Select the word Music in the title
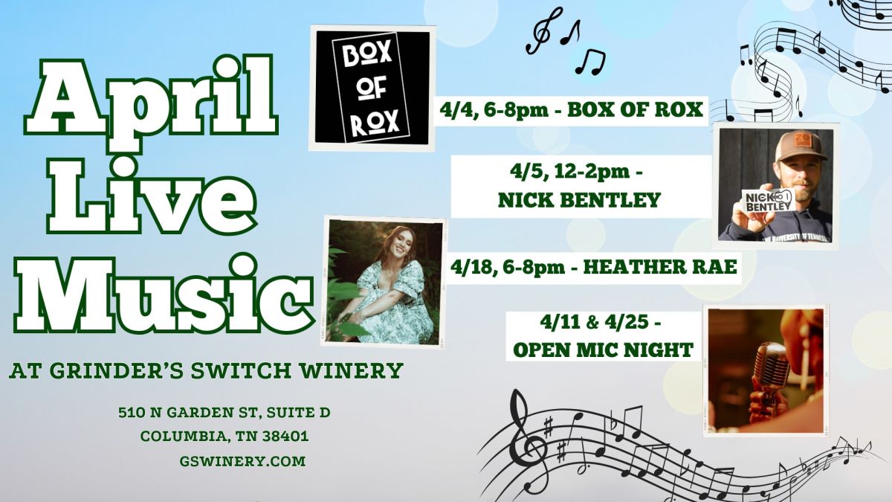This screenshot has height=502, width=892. [x=164, y=294]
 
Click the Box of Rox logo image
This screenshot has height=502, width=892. [x=372, y=88]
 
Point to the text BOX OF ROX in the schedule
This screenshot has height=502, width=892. [x=635, y=109]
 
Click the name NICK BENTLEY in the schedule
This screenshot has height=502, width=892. [x=579, y=200]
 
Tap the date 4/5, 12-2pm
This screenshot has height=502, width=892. [x=576, y=173]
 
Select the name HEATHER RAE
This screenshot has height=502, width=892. [x=660, y=267]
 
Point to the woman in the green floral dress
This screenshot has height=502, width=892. [x=388, y=285]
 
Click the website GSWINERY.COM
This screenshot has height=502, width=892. [x=242, y=461]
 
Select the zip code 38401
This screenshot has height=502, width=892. [x=285, y=436]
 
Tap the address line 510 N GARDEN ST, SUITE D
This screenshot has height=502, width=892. [x=224, y=412]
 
